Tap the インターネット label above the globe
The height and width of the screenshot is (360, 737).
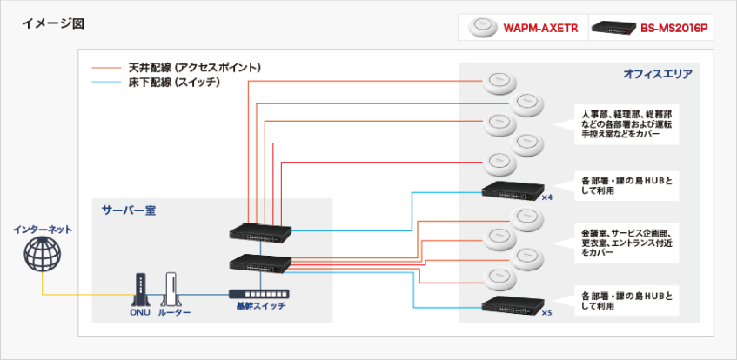click(x=42, y=230)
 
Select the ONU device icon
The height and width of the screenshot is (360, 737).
click(x=139, y=286)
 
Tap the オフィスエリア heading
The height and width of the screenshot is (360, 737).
click(x=657, y=76)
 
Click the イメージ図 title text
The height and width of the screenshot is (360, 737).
click(x=49, y=21)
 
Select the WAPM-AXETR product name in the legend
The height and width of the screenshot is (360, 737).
click(x=540, y=29)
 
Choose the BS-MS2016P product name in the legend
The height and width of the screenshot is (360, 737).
click(x=674, y=29)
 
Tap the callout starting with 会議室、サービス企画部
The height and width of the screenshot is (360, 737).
click(x=626, y=244)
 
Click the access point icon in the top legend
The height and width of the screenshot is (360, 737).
click(x=479, y=28)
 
